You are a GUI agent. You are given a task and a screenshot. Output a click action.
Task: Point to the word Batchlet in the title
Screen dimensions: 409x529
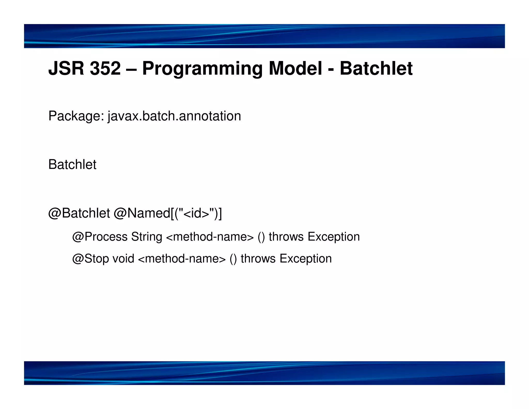click(x=376, y=69)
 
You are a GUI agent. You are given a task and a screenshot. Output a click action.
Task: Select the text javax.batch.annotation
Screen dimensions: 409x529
click(x=174, y=116)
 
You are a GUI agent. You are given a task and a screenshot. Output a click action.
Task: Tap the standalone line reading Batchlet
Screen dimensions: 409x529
click(x=72, y=164)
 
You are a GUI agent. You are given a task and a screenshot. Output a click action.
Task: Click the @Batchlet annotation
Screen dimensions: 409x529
click(x=79, y=213)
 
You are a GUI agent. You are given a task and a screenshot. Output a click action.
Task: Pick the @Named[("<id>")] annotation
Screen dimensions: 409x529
click(x=168, y=213)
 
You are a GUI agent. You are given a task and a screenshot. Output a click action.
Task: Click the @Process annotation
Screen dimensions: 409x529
click(x=100, y=237)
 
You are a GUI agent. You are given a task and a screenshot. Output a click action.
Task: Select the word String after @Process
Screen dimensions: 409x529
click(x=146, y=237)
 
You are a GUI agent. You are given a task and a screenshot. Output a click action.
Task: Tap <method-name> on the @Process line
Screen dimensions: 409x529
click(x=210, y=237)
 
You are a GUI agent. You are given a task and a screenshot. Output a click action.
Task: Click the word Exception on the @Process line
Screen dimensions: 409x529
click(x=333, y=237)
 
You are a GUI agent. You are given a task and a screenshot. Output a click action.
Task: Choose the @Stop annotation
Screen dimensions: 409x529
click(x=90, y=259)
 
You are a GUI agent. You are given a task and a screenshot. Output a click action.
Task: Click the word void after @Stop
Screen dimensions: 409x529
click(x=123, y=259)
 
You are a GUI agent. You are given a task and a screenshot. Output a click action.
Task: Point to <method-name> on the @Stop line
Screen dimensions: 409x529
click(x=182, y=259)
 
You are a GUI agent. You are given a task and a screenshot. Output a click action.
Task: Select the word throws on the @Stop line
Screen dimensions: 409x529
click(x=258, y=259)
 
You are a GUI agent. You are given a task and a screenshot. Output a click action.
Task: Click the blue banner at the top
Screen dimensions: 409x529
click(x=264, y=36)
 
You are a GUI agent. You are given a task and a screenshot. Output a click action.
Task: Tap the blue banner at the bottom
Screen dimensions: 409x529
click(x=264, y=373)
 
